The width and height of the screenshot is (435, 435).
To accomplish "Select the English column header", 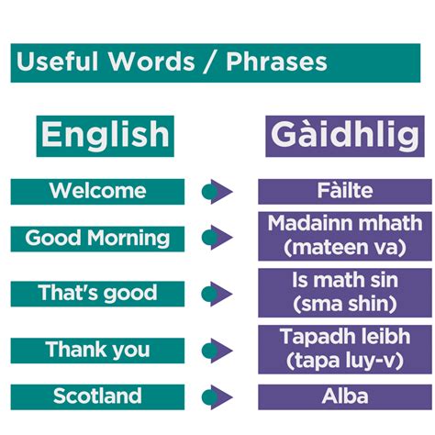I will click(x=106, y=135).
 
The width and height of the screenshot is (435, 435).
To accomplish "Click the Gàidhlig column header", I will click(x=346, y=135).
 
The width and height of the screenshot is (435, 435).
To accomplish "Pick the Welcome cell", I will click(x=97, y=191).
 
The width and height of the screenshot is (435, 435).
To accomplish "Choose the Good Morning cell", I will click(x=97, y=239).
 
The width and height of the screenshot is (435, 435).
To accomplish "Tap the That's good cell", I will click(x=97, y=294).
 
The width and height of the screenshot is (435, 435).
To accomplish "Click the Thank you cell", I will click(x=97, y=350).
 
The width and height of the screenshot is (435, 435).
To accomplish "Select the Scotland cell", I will click(x=97, y=396).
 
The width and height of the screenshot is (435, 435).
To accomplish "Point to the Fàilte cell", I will click(x=345, y=191).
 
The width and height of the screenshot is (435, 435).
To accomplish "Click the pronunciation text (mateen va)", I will click(x=345, y=247).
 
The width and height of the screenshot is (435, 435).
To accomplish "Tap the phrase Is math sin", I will click(x=345, y=279).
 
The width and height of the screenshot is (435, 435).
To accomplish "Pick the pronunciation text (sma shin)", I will click(x=345, y=303).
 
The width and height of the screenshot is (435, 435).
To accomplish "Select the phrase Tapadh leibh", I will click(x=345, y=335).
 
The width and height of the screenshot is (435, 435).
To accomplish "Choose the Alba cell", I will click(x=345, y=396).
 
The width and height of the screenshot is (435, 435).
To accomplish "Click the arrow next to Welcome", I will click(x=217, y=191).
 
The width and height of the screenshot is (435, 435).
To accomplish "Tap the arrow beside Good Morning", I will click(x=217, y=239).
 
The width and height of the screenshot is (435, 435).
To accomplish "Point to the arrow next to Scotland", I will click(x=217, y=396).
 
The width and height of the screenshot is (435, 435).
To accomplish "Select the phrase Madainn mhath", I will click(x=345, y=223).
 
